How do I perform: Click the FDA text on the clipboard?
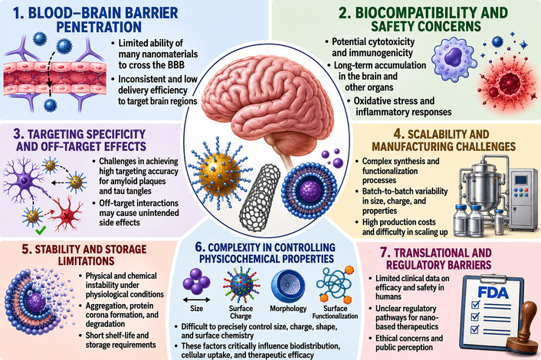tap(493, 293)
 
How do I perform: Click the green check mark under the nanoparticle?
tap(41, 230)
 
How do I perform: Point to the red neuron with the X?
tap(67, 214)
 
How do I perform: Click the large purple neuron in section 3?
tap(24, 180)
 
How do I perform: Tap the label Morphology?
tap(288, 308)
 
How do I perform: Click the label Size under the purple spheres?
tap(196, 308)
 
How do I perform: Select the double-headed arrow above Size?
tap(196, 299)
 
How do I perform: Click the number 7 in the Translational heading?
tap(385, 253)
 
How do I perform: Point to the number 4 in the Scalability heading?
tap(398, 134)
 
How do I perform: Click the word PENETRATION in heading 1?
tap(99, 27)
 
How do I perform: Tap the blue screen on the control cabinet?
tap(521, 180)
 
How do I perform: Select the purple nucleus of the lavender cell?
tap(453, 57)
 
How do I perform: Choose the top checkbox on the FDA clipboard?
tap(475, 305)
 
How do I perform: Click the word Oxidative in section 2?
tap(374, 100)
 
